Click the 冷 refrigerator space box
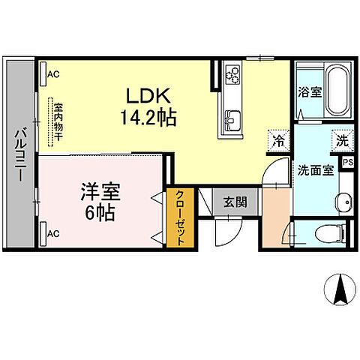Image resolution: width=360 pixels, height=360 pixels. point(278,139)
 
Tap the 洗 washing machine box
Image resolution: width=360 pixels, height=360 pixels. point(342,139)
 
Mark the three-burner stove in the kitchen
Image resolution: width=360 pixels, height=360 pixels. point(232,74)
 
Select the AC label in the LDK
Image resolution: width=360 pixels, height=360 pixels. point(53,74)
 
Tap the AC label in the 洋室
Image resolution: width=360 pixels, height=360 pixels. point(53,233)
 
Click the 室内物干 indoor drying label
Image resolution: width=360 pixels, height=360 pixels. point(57,121)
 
